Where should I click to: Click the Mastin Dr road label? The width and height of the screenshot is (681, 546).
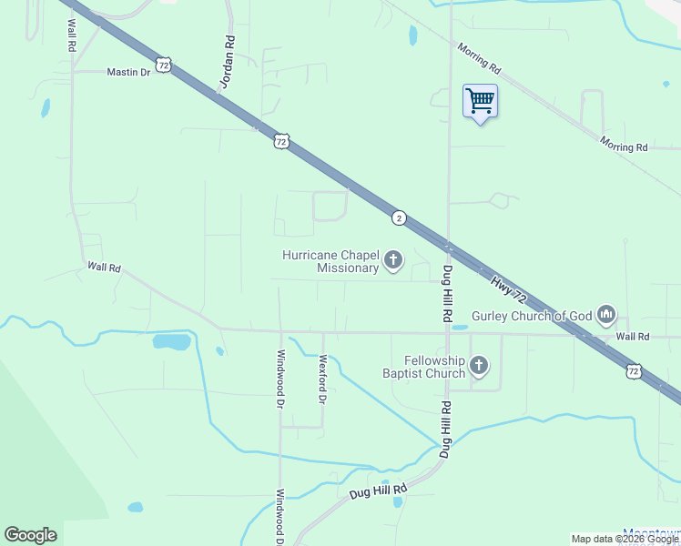click(128, 72)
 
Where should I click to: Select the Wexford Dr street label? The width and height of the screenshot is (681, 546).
click(321, 378)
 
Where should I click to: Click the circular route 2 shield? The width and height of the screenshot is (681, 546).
click(399, 217)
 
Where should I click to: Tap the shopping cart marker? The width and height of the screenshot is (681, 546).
click(480, 100)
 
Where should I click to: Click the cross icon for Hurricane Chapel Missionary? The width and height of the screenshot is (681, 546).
click(393, 261)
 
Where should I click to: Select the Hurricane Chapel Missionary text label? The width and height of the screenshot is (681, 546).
click(330, 261)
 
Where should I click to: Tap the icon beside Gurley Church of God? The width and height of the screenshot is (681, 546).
click(606, 316)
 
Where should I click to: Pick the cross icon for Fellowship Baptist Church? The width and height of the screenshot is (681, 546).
click(479, 366)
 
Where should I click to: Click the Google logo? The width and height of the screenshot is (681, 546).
click(30, 534)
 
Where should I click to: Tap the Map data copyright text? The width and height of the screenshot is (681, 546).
click(625, 539)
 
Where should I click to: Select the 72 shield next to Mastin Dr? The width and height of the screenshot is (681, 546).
click(163, 65)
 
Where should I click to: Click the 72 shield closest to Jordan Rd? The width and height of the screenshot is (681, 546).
click(281, 141)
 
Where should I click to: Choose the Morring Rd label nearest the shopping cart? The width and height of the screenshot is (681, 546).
click(479, 57)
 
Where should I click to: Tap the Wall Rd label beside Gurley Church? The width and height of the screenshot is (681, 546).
click(632, 337)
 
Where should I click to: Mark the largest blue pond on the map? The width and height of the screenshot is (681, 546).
click(172, 342)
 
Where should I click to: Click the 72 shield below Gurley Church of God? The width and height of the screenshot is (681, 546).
click(634, 370)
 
